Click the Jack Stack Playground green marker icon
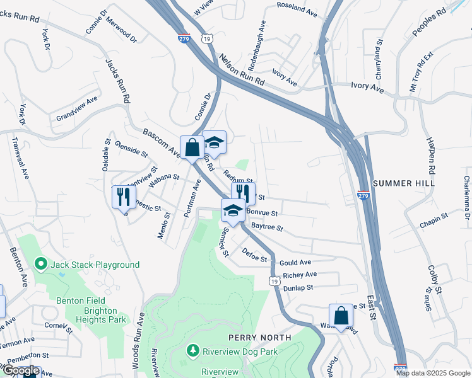(x=42, y=264)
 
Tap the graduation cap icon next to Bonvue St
(x=233, y=210)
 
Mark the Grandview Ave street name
(x=78, y=109)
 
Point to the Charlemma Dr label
(x=467, y=202)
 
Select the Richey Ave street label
(x=300, y=275)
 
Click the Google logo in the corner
(x=21, y=370)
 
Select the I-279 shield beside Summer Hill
(x=363, y=195)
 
